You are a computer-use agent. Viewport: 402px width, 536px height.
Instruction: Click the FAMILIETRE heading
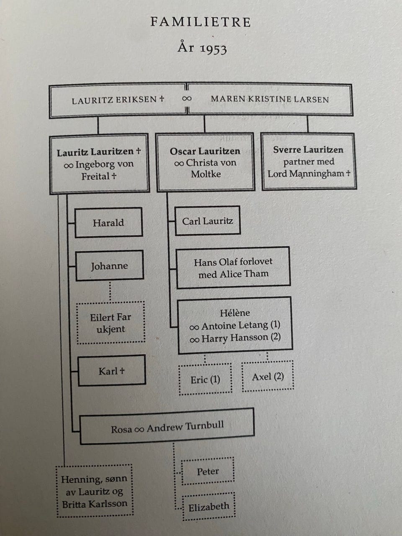201,22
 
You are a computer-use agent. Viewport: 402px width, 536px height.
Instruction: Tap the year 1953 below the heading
202,48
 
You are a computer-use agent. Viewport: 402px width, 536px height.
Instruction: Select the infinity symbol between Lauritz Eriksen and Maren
187,98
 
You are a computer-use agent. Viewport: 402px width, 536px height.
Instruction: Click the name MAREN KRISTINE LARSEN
270,99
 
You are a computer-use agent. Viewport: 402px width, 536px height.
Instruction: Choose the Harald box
108,222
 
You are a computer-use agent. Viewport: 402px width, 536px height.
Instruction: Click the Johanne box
109,265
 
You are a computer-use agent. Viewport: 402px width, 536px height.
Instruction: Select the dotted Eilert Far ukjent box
111,323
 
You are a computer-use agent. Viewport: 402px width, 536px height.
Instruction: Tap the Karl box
111,371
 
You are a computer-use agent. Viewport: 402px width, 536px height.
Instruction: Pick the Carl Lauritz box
208,221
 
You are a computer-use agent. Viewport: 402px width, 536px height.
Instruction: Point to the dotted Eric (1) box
205,379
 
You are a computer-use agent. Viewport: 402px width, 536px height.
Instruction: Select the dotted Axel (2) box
268,376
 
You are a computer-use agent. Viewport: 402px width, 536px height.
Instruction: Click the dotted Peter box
208,472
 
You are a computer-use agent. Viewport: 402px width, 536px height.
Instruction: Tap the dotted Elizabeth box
209,507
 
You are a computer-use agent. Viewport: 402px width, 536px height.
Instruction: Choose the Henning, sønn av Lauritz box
94,491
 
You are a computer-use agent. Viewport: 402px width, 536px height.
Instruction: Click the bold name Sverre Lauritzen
308,149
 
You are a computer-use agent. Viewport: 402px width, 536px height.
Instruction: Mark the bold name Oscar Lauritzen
205,151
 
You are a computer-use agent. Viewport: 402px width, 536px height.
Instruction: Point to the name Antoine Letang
235,325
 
